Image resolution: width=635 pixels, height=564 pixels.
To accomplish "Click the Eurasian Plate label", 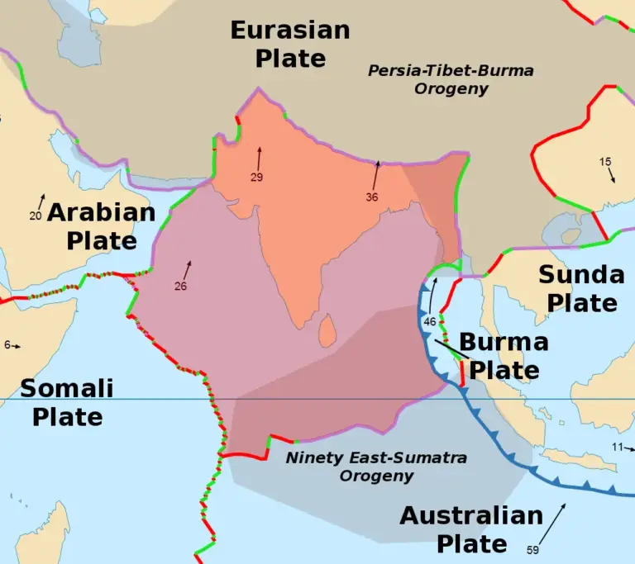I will click(x=289, y=45).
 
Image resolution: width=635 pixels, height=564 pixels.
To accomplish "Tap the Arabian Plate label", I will click(x=102, y=226).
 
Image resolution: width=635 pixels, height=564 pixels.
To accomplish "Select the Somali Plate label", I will click(x=67, y=402).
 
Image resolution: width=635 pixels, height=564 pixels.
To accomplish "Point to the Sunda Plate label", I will click(x=582, y=288).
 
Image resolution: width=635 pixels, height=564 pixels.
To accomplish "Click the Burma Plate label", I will click(x=504, y=356).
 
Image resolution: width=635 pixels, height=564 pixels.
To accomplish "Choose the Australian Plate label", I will click(x=471, y=529).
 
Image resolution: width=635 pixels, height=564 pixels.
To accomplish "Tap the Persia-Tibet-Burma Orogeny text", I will click(x=451, y=79).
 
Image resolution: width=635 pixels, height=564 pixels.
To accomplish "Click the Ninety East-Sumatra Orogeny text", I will click(x=376, y=467).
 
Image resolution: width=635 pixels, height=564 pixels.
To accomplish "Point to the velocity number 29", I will click(x=256, y=178).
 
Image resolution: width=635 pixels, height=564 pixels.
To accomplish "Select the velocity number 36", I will click(x=371, y=197).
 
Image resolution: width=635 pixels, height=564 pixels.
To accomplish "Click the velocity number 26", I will click(x=180, y=287).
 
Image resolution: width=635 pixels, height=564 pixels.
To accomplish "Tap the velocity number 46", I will click(x=429, y=321).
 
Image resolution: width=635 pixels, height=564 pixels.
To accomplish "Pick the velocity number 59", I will click(x=534, y=549).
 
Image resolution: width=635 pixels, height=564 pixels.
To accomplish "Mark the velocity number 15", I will click(x=605, y=161).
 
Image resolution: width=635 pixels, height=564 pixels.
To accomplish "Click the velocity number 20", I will click(x=35, y=216).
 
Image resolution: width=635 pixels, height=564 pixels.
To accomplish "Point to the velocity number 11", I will click(x=617, y=447).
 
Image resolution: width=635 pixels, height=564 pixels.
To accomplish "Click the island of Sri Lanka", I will click(x=327, y=332).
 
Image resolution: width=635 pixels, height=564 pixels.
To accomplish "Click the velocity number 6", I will click(x=7, y=345).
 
